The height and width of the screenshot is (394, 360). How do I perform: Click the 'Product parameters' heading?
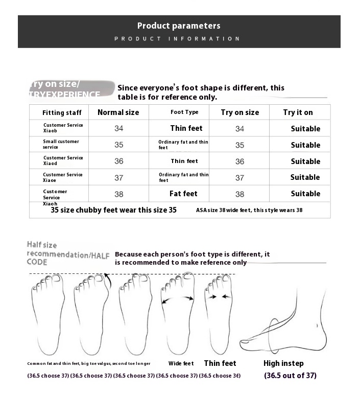coord(179,26)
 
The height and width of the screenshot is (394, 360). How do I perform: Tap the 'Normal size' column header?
coord(118,112)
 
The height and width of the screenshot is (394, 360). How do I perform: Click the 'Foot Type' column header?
coord(184,112)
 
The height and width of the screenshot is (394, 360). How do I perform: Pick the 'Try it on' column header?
coord(298,112)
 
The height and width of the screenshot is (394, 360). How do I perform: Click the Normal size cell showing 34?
coord(119,129)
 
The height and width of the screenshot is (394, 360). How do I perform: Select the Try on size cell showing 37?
coord(239,178)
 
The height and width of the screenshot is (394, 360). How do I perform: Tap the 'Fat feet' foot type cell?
coord(183,194)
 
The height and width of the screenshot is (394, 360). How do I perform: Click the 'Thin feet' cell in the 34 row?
coord(186,128)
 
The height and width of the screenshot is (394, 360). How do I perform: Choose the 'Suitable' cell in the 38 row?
coord(305,194)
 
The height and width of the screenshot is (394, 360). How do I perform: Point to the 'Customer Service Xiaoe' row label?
coord(63,177)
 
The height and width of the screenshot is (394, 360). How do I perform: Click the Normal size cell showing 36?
coord(119,161)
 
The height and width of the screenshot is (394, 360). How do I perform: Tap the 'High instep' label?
coord(283,363)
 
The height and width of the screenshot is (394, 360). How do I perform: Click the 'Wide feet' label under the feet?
coord(181,364)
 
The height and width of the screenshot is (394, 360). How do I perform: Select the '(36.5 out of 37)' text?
coord(290,376)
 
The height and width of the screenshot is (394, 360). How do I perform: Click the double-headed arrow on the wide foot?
coord(178,299)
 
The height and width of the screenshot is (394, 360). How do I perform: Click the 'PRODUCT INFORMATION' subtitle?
coord(177,39)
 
